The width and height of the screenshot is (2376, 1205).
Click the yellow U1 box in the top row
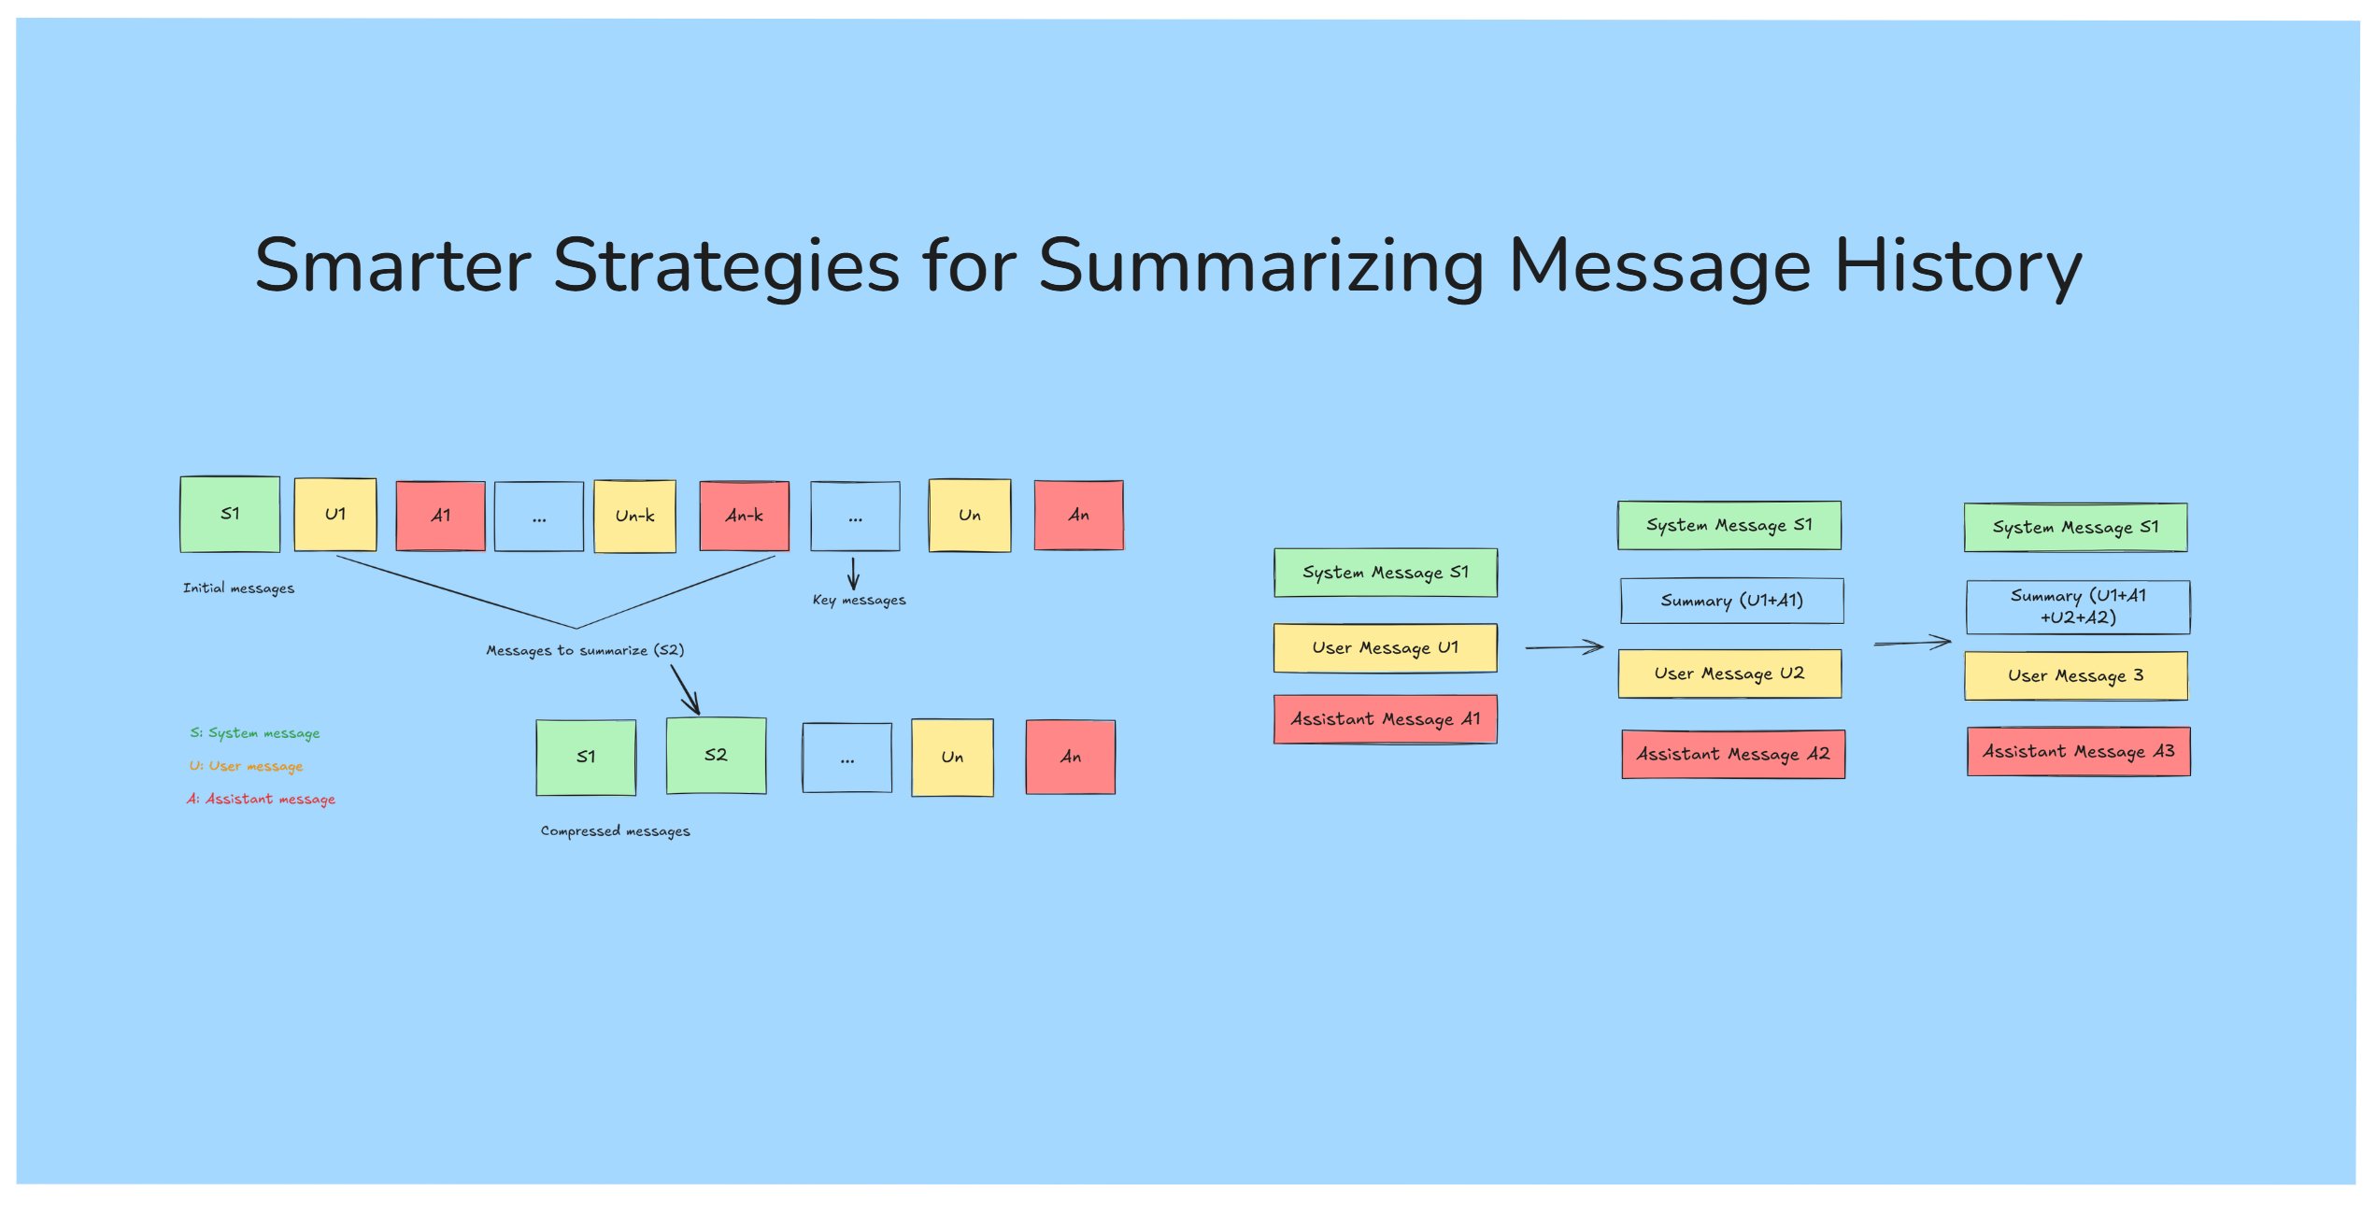coord(335,515)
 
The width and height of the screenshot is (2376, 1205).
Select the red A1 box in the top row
coord(440,516)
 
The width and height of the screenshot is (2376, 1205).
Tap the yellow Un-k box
coord(634,516)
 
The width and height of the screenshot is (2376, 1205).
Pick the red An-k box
coord(744,516)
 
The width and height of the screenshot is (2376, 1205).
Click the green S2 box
coord(716,756)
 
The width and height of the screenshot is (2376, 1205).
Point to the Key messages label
coord(859,600)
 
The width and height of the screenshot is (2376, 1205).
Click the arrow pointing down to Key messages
coord(853,574)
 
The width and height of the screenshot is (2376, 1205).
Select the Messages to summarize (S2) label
coord(585,650)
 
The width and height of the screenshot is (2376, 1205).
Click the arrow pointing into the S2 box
coord(686,690)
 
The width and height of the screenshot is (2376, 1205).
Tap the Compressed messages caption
coord(615,831)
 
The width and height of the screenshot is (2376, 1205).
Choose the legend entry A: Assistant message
coord(261,800)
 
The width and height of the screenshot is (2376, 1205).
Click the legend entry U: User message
coord(246,767)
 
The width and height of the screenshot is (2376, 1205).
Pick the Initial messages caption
coord(238,588)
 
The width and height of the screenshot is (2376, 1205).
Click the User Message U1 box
coord(1385,648)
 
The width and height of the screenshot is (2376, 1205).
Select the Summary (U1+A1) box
coord(1731,601)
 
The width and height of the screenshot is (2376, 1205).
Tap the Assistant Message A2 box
coord(1732,754)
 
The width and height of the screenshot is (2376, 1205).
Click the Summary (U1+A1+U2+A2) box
coord(2077,607)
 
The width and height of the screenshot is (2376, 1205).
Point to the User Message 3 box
coord(2075,675)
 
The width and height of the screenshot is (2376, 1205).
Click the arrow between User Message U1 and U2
coord(1564,646)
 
